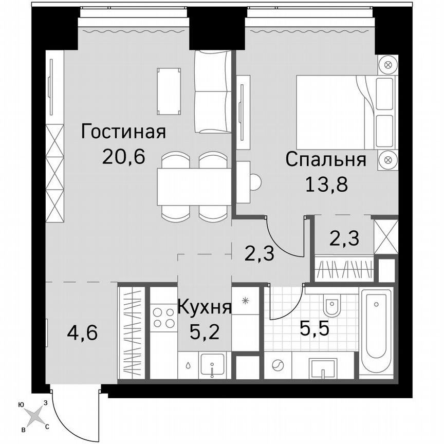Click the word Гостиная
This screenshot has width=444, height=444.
point(123,132)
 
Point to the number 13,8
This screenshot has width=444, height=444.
point(326,183)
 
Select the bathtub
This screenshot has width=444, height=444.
point(376,331)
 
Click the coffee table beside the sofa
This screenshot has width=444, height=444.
point(169,91)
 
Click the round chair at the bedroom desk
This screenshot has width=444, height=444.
point(254,181)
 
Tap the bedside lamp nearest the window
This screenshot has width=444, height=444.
point(388,65)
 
